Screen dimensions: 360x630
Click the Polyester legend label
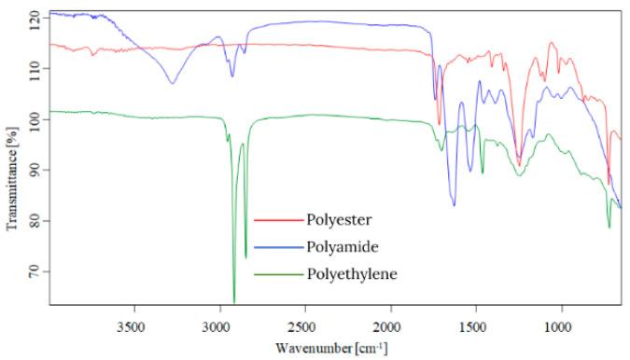pos(339,220)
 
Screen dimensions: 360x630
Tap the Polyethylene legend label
pos(351,274)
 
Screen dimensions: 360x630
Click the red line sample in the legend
pos(277,221)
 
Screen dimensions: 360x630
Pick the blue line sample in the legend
pos(277,248)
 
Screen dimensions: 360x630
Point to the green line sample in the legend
pos(277,275)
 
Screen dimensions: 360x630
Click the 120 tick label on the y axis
pos(34,18)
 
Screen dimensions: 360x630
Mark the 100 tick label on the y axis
pos(34,119)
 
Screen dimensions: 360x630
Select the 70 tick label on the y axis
pos(35,271)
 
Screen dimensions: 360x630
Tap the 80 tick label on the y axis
pos(35,221)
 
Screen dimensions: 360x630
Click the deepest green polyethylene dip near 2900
pos(233,301)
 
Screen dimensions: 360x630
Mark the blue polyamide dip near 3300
pos(172,84)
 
